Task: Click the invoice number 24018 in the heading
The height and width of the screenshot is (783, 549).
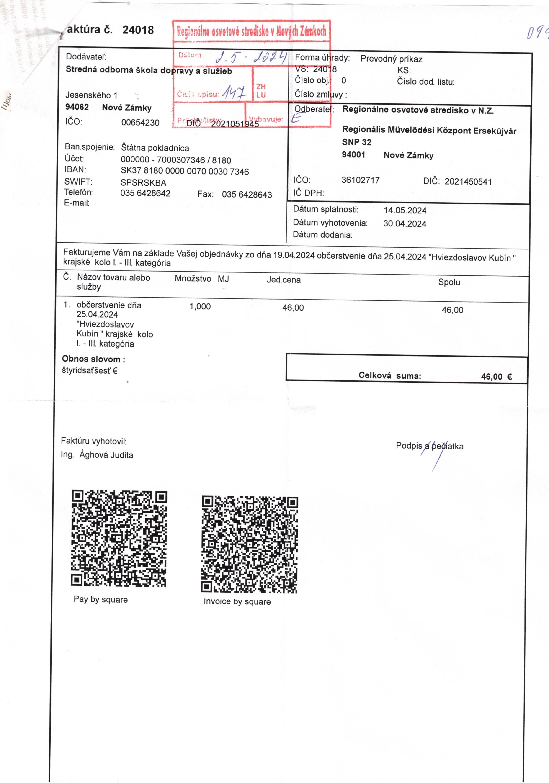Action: pos(138,30)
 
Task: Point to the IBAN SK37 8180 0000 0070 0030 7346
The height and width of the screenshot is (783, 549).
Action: pos(185,171)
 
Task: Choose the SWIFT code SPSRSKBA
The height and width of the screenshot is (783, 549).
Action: pos(143,183)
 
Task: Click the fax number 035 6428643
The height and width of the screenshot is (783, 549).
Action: pos(247,195)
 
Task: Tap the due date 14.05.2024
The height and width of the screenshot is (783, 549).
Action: pos(405,211)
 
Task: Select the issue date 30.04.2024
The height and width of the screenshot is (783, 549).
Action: pos(405,224)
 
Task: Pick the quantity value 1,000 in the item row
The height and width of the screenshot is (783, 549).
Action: pos(200,307)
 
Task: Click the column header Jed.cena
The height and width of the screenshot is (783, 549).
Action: pos(284,280)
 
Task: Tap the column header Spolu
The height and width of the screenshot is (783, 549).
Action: pos(449,282)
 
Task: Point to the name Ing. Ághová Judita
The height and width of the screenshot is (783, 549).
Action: pos(97,455)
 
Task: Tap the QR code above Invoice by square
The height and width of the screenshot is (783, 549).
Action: pos(249,544)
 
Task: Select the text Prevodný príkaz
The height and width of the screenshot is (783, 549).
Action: pos(391,59)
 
